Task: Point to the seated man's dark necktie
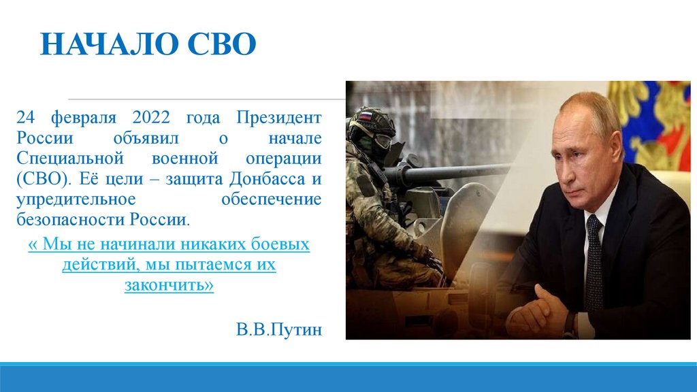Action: point(594,262)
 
